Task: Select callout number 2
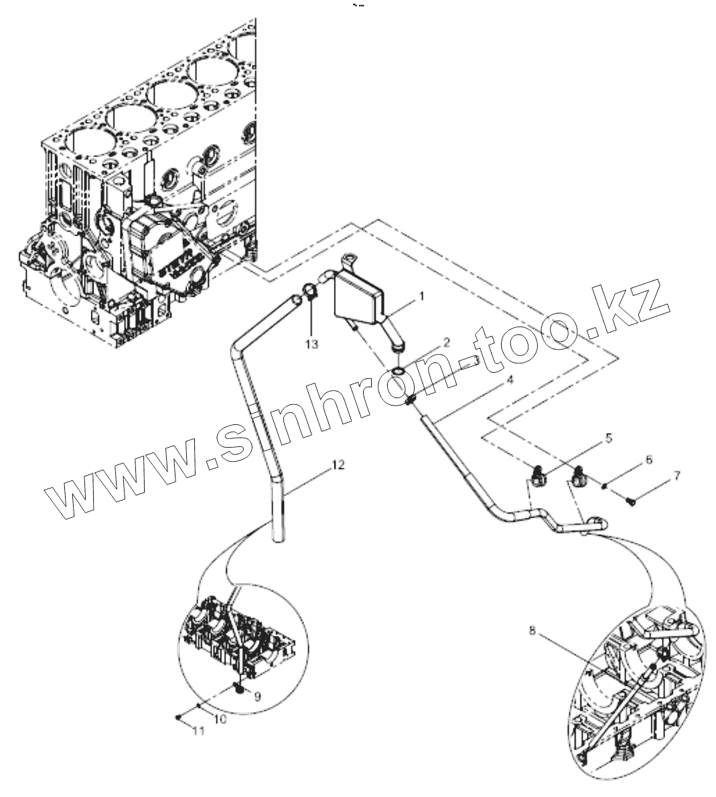(445, 342)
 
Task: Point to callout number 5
(608, 439)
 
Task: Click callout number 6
(648, 460)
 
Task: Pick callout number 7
(676, 476)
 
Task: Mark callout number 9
(259, 696)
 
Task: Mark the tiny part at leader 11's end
(177, 717)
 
